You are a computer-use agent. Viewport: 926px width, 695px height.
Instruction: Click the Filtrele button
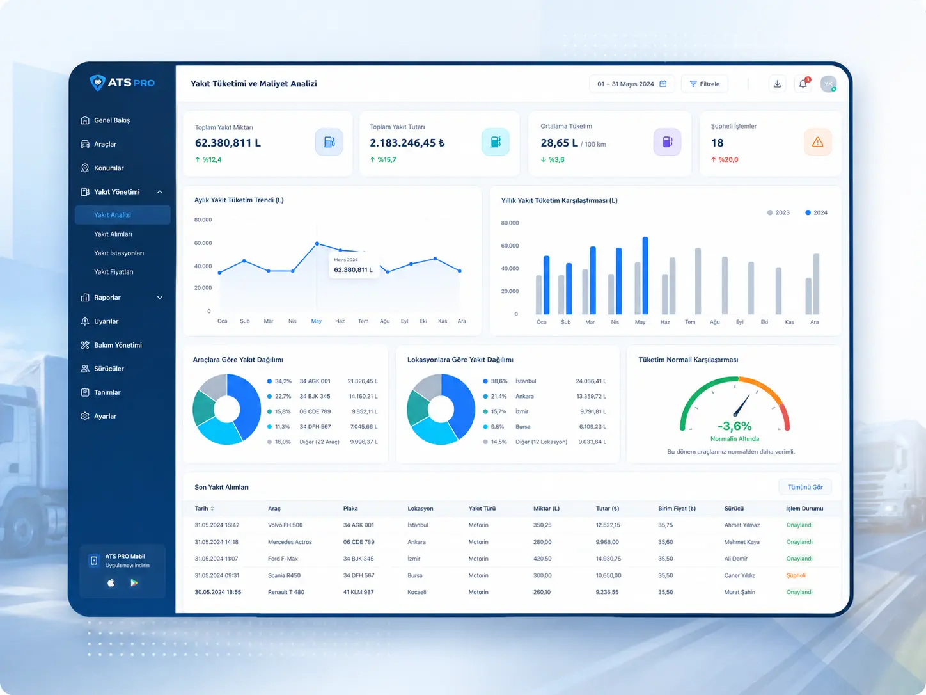[x=705, y=84]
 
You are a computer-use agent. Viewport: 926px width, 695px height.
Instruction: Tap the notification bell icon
[x=803, y=84]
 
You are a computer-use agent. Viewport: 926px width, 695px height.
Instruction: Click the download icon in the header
[x=777, y=84]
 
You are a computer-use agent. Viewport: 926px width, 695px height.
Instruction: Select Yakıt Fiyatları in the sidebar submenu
[x=113, y=272]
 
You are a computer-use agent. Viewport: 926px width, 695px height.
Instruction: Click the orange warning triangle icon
[x=817, y=142]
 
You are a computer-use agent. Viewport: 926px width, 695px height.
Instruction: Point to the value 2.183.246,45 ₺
[x=407, y=143]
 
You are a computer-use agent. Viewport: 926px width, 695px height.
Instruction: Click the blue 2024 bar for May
[x=645, y=276]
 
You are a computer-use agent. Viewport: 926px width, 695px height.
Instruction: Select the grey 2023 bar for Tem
[x=698, y=281]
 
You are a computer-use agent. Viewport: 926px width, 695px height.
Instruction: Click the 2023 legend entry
[x=778, y=212]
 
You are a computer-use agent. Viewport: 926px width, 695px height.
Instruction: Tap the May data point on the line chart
[x=317, y=244]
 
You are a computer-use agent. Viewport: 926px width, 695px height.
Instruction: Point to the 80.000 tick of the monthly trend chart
[x=203, y=220]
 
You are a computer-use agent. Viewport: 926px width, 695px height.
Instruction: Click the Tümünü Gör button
[x=805, y=487]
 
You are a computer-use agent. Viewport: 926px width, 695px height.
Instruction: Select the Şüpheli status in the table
[x=796, y=575]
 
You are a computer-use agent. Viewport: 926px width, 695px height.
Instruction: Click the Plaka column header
[x=350, y=509]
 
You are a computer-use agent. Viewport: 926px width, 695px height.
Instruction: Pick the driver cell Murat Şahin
[x=739, y=592]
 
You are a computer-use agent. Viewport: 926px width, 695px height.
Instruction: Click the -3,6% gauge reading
[x=735, y=426]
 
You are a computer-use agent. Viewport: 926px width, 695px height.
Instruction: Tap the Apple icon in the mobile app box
[x=111, y=583]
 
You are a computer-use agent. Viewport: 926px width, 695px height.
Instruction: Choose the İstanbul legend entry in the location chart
[x=525, y=381]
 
